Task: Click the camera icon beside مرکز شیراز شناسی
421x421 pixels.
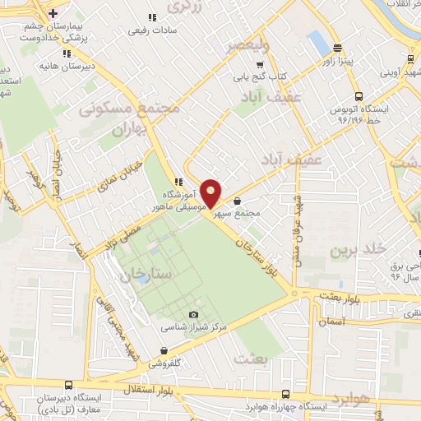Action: (194, 315)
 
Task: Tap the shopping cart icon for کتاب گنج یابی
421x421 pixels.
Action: (261, 65)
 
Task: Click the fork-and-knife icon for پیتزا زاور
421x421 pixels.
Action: (336, 49)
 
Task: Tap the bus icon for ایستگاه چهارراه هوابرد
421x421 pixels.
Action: (285, 394)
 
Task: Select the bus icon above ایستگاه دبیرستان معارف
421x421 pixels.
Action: (67, 385)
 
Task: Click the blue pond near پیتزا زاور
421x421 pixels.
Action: (316, 40)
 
